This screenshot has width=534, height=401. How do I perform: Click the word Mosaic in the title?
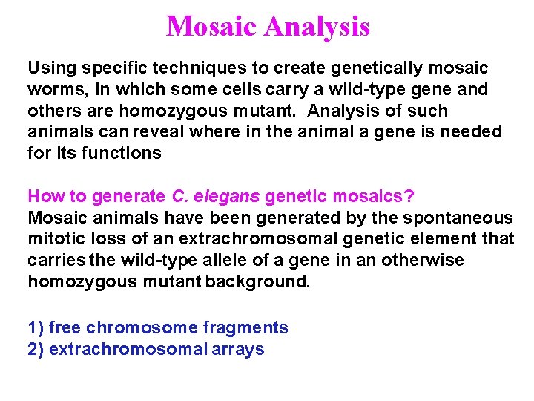coord(211,27)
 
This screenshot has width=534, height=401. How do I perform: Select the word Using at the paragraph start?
coord(52,68)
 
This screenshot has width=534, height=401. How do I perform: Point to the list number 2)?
coord(36,349)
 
